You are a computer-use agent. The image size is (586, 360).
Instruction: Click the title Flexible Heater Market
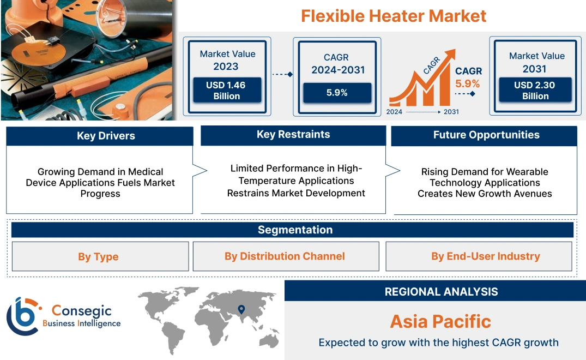pyautogui.click(x=394, y=16)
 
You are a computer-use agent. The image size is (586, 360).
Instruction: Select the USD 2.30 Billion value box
pyautogui.click(x=535, y=91)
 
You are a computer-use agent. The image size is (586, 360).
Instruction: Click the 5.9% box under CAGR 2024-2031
pyautogui.click(x=337, y=93)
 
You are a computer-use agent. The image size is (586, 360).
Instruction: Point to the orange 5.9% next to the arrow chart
pyautogui.click(x=468, y=83)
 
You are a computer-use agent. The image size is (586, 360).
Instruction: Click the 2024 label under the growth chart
pyautogui.click(x=395, y=112)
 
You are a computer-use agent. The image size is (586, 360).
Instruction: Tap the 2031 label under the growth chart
pyautogui.click(x=451, y=112)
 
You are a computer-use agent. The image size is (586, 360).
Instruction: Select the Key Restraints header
pyautogui.click(x=293, y=135)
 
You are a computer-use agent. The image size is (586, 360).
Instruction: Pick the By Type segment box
pyautogui.click(x=98, y=256)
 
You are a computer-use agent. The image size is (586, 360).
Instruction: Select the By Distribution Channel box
pyautogui.click(x=285, y=256)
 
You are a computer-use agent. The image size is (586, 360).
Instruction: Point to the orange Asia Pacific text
pyautogui.click(x=440, y=321)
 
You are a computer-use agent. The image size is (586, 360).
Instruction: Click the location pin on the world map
pyautogui.click(x=241, y=310)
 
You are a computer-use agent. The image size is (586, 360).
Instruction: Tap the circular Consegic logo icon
pyautogui.click(x=23, y=316)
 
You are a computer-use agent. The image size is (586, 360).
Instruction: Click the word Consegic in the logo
pyautogui.click(x=82, y=311)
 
